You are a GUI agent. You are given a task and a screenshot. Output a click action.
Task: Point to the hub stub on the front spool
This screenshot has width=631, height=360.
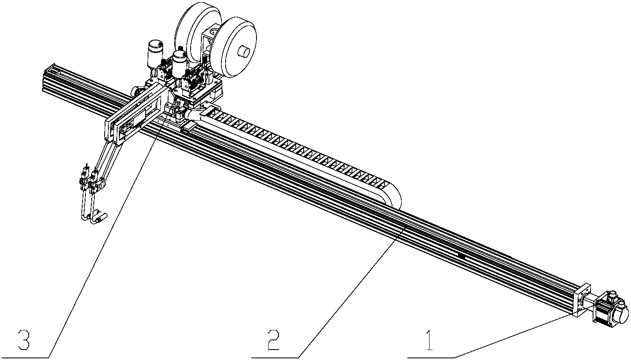(243, 52)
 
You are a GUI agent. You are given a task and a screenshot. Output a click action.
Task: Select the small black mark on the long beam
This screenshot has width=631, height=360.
(461, 255)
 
